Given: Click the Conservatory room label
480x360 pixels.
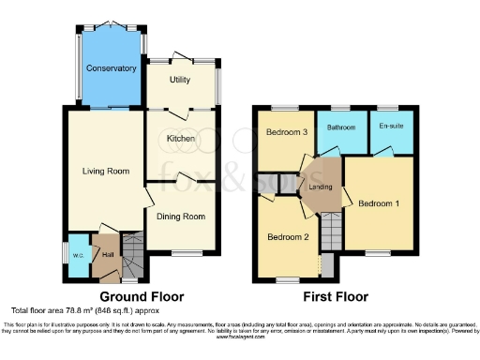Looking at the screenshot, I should tap(112, 68).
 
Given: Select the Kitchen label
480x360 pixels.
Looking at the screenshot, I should tap(181, 139).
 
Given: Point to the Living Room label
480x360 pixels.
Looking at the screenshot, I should tap(106, 171).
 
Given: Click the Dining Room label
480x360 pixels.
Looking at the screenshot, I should tap(181, 217).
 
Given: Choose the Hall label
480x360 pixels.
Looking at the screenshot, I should tap(107, 255).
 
